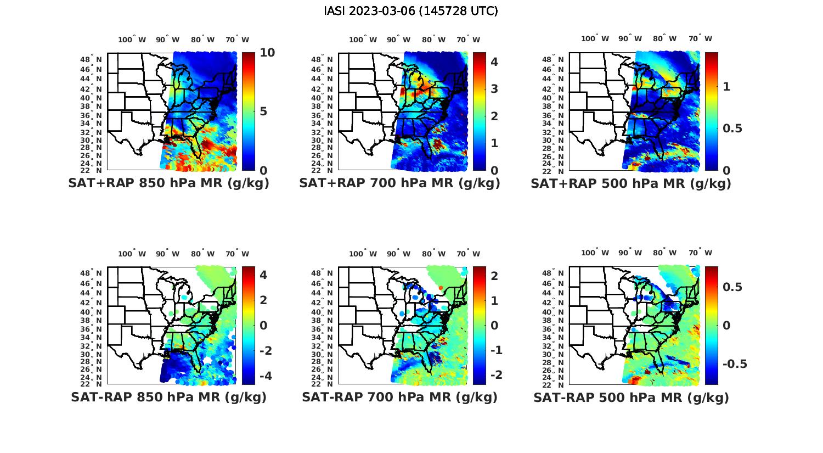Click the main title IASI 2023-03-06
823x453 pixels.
(411, 11)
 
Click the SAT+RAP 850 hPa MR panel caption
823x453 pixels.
(168, 183)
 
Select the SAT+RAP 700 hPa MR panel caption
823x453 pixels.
(399, 183)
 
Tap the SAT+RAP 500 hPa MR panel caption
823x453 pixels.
(631, 183)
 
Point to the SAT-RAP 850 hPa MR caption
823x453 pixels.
(168, 397)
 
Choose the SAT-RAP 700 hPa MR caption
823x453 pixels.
(399, 397)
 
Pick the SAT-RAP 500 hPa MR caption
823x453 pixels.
(631, 397)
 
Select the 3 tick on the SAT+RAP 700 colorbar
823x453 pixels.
(494, 88)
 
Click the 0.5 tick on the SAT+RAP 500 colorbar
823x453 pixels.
(732, 128)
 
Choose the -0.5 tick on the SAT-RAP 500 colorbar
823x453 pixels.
(735, 364)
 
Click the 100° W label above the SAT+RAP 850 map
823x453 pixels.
(132, 40)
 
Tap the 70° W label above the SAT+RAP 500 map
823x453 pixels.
(701, 38)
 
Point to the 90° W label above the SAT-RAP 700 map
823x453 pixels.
(398, 254)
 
